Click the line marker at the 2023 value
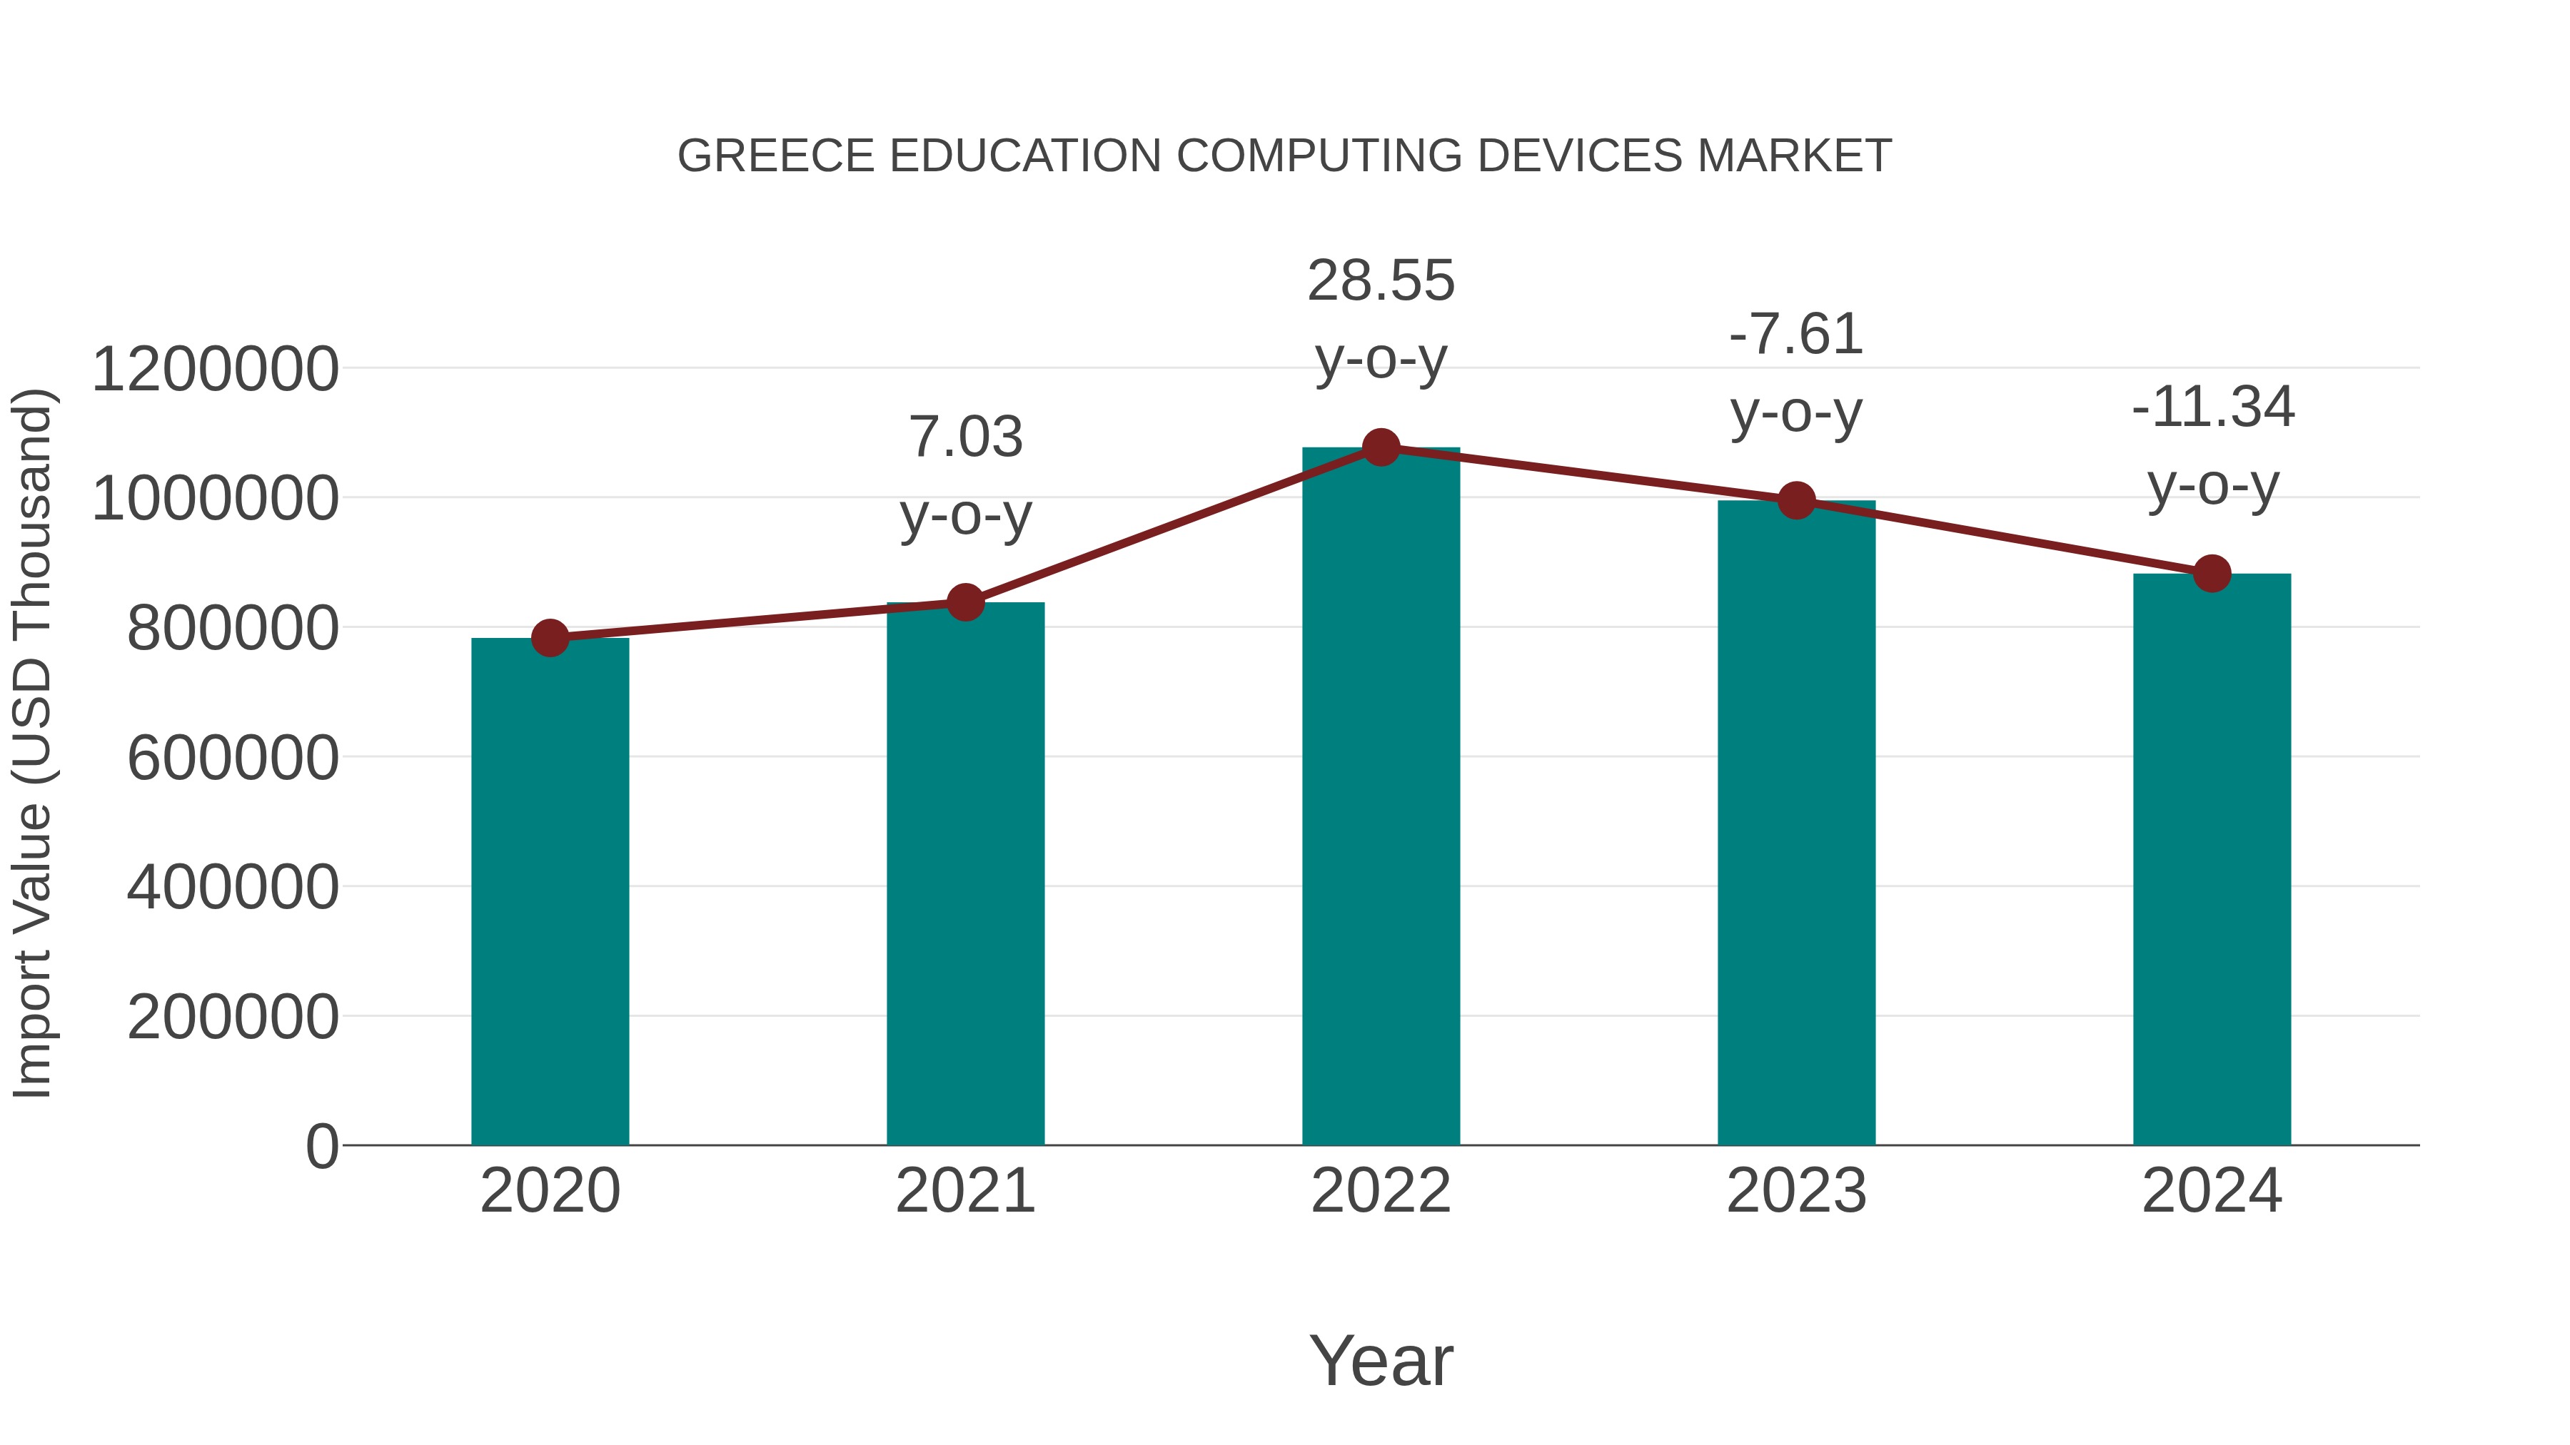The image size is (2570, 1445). [x=1797, y=501]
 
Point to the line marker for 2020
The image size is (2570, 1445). [x=550, y=638]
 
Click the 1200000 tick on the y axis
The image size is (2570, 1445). [x=214, y=369]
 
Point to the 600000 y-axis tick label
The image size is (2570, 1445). [x=233, y=758]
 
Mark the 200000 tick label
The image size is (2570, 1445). [x=233, y=1017]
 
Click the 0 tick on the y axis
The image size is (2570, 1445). [x=322, y=1147]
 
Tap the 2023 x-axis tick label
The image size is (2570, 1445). [x=1796, y=1191]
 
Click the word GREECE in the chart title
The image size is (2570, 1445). [x=776, y=156]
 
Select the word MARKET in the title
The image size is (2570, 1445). [x=1794, y=156]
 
